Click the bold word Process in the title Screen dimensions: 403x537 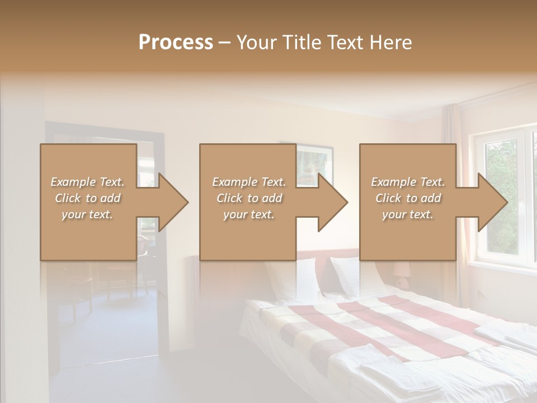tap(176, 43)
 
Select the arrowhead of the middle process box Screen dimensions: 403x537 tap(332, 202)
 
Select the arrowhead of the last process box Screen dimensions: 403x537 tap(492, 202)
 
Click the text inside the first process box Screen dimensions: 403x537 tap(88, 198)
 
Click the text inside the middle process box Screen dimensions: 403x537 tap(248, 198)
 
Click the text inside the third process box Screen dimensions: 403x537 tap(408, 198)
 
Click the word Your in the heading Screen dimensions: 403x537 tap(256, 43)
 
